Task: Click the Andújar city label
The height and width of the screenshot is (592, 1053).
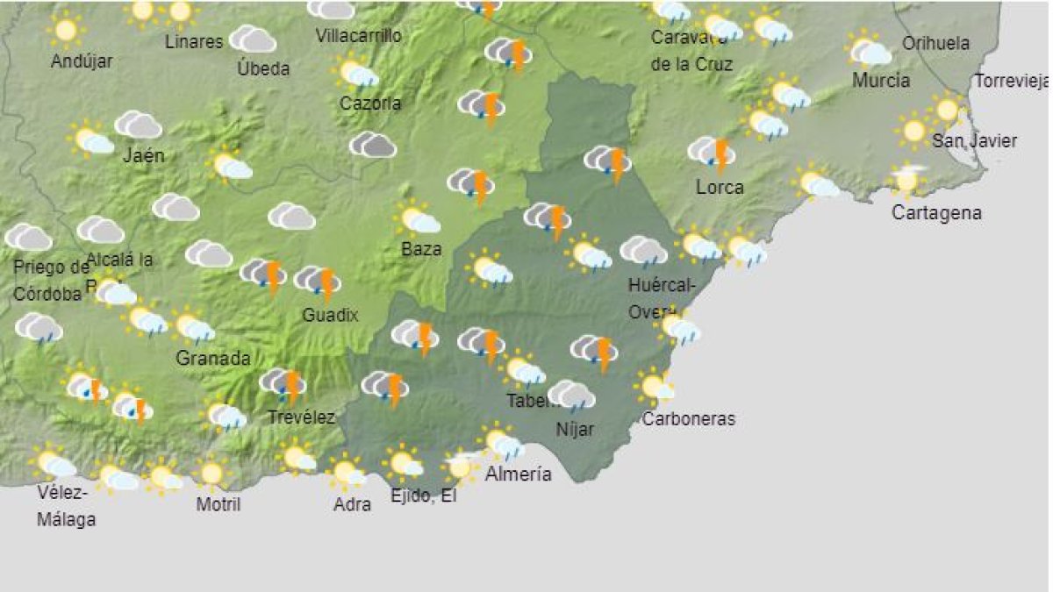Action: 82,61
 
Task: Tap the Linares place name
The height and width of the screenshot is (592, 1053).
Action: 194,42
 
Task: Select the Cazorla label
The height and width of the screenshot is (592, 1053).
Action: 370,103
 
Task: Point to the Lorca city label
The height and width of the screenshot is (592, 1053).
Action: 720,187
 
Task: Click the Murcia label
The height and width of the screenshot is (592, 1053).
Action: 880,81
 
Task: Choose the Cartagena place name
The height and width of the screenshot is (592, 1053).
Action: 936,212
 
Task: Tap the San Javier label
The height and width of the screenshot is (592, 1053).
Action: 974,140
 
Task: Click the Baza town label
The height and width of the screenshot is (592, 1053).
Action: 421,249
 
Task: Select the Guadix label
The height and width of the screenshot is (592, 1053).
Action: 330,315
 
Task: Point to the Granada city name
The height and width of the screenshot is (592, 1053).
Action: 213,358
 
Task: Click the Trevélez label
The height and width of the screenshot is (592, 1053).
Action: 301,417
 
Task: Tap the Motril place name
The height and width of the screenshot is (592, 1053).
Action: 218,504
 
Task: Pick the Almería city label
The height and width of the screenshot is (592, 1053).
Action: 519,474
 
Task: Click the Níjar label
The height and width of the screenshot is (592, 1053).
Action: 575,430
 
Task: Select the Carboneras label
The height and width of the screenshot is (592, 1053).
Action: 688,419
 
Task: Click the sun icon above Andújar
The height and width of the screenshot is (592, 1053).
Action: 65,30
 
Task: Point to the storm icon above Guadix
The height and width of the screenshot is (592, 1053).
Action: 319,282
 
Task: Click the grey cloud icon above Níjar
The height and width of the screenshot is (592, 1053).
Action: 570,396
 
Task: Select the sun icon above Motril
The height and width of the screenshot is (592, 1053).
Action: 211,474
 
